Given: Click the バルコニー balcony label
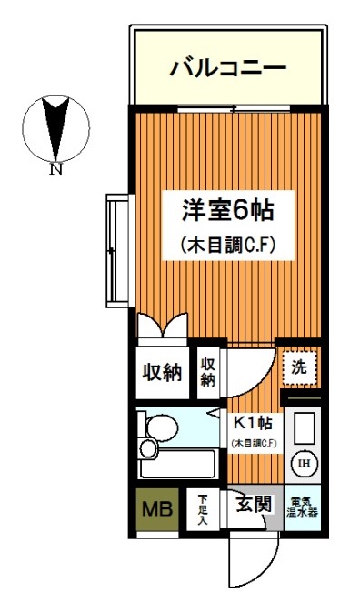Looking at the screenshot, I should coord(228,67).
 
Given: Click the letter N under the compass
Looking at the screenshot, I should coord(56,170).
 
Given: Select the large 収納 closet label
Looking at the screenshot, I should coord(163,372).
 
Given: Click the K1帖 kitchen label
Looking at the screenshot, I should coord(254,423).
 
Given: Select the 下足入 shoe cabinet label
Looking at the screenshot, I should coord(203,509).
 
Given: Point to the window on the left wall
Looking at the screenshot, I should coord(112,250).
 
